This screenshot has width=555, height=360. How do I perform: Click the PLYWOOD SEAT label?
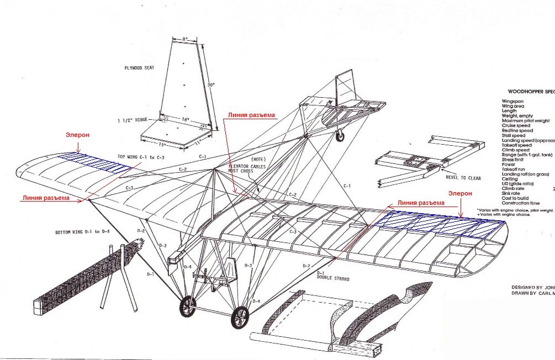139,68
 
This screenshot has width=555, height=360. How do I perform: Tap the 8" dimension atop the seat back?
186,39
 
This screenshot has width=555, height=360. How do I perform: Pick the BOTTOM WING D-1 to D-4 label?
82,231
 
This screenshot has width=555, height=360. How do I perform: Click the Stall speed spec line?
514,135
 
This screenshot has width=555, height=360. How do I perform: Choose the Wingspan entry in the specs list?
512,102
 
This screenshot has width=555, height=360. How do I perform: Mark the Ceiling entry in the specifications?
510,179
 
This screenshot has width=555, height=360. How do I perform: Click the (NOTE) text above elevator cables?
243,160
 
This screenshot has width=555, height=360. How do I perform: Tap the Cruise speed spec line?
515,125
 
